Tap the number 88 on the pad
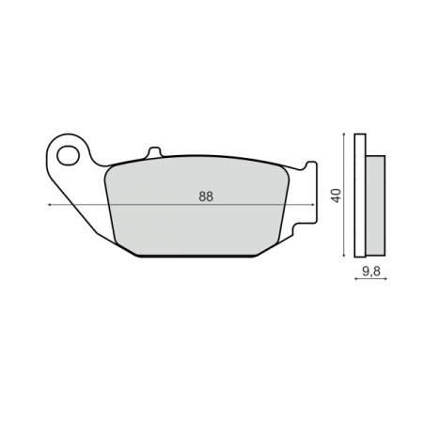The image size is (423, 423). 205,196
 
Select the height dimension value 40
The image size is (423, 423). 335,196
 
